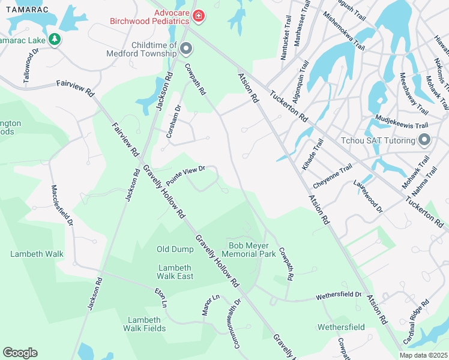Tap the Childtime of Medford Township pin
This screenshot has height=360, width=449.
186,48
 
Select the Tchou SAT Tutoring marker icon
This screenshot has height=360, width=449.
424,140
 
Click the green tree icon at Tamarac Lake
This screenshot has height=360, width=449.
55,39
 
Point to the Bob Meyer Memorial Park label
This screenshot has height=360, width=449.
252,250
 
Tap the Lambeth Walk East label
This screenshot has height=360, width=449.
175,272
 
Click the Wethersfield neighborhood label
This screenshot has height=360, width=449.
341,327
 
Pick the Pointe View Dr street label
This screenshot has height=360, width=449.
186,176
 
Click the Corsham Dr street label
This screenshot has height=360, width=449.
173,122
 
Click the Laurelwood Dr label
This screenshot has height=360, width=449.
368,196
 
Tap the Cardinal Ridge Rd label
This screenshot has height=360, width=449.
416,322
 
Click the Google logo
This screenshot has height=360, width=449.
20,353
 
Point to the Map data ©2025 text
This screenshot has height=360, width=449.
423,355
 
